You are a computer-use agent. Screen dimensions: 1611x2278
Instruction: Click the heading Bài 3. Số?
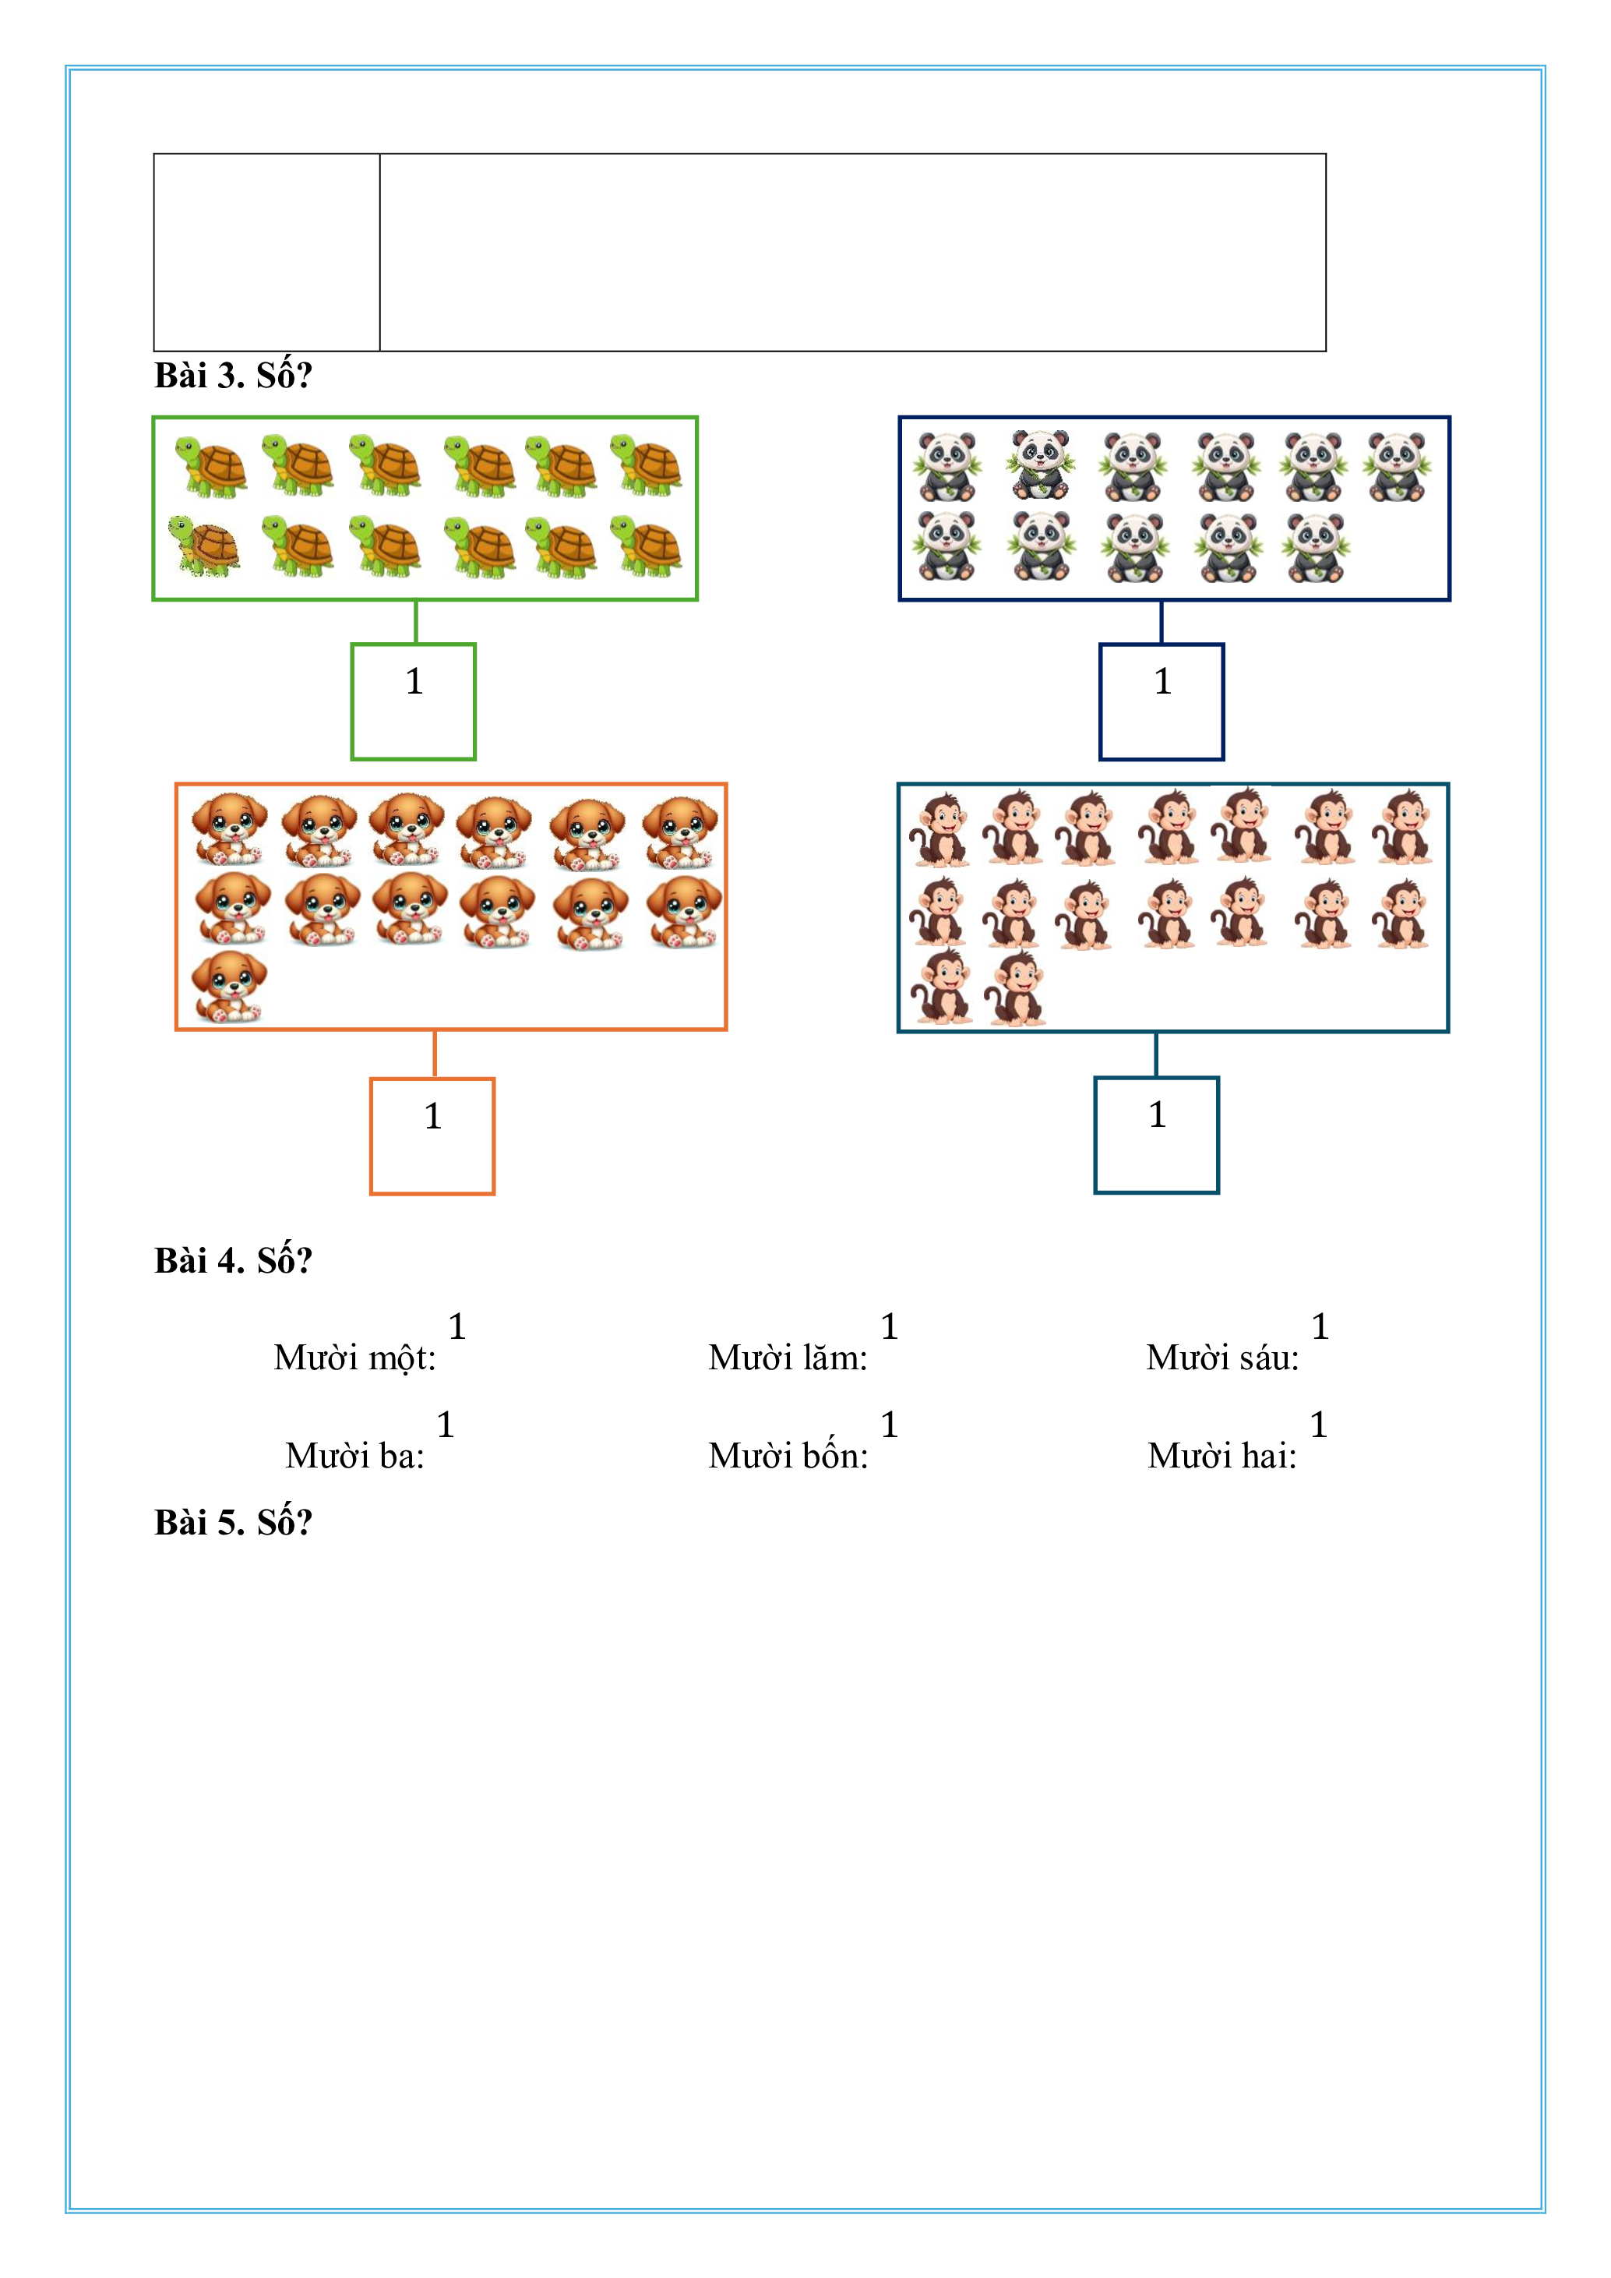point(233,375)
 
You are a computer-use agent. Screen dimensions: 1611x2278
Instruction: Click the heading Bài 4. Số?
point(233,1260)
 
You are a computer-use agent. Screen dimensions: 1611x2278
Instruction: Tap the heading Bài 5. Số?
point(233,1522)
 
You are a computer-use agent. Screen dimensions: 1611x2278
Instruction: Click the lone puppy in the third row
point(229,986)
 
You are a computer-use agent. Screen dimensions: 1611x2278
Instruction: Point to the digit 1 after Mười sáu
point(1320,1326)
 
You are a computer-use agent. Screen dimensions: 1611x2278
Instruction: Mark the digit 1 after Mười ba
point(446,1425)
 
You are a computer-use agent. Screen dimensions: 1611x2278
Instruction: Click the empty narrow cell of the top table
point(267,252)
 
